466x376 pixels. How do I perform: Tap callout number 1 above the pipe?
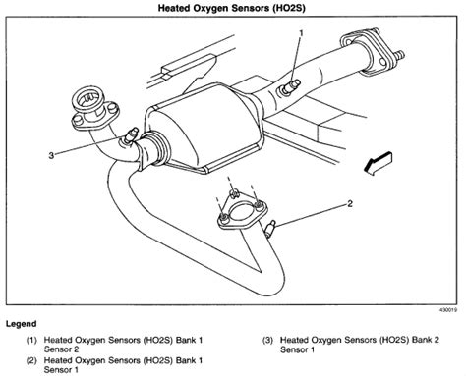301,31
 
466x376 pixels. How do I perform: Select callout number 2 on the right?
348,205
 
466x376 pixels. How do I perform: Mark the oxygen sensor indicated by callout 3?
128,134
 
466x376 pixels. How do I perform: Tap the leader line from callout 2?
313,215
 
